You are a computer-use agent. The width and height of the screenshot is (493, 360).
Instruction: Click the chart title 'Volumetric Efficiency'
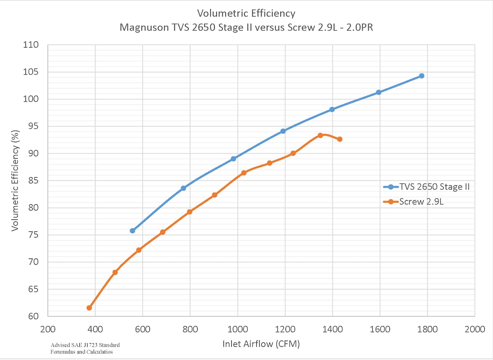click(x=246, y=13)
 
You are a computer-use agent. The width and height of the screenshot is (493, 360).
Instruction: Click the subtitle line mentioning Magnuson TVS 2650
click(x=246, y=28)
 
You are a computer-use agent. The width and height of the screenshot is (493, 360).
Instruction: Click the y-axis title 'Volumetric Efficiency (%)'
click(x=15, y=180)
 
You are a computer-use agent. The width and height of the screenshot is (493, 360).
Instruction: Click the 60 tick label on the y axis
click(x=34, y=316)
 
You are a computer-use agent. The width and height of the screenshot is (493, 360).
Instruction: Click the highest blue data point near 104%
click(x=422, y=76)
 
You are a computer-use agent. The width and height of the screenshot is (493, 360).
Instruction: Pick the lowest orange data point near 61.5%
click(x=89, y=308)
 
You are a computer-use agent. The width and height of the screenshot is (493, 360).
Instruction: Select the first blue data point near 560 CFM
click(x=132, y=231)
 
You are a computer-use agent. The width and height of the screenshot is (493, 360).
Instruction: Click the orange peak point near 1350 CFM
click(x=320, y=135)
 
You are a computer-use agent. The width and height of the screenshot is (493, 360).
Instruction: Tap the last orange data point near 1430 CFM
click(x=340, y=139)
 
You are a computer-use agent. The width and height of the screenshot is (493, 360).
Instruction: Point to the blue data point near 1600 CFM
click(x=378, y=92)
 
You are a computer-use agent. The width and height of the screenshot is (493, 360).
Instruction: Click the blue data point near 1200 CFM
click(x=283, y=131)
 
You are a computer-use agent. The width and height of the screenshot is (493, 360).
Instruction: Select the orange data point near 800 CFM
click(x=189, y=212)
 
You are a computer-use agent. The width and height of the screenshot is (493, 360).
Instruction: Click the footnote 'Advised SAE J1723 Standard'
click(x=85, y=345)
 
